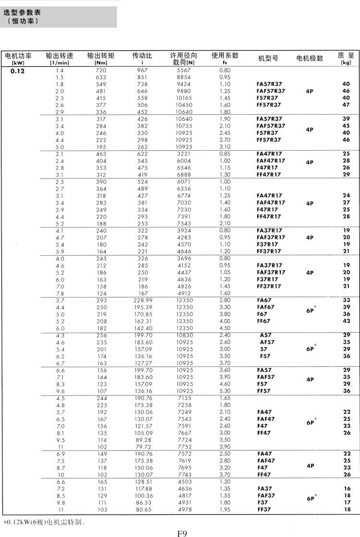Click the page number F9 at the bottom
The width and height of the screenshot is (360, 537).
click(181, 532)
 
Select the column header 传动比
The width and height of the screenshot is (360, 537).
click(142, 56)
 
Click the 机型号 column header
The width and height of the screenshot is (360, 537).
click(268, 58)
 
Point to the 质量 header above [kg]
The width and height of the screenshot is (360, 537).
click(346, 55)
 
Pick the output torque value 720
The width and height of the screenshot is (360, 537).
click(101, 71)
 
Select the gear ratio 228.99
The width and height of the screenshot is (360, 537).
click(143, 300)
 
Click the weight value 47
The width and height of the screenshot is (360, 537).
click(346, 105)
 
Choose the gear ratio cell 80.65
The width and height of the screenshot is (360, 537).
click(143, 510)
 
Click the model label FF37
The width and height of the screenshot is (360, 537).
click(264, 510)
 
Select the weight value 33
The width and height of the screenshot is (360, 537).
click(346, 300)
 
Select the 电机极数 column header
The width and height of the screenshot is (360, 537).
click(310, 58)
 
